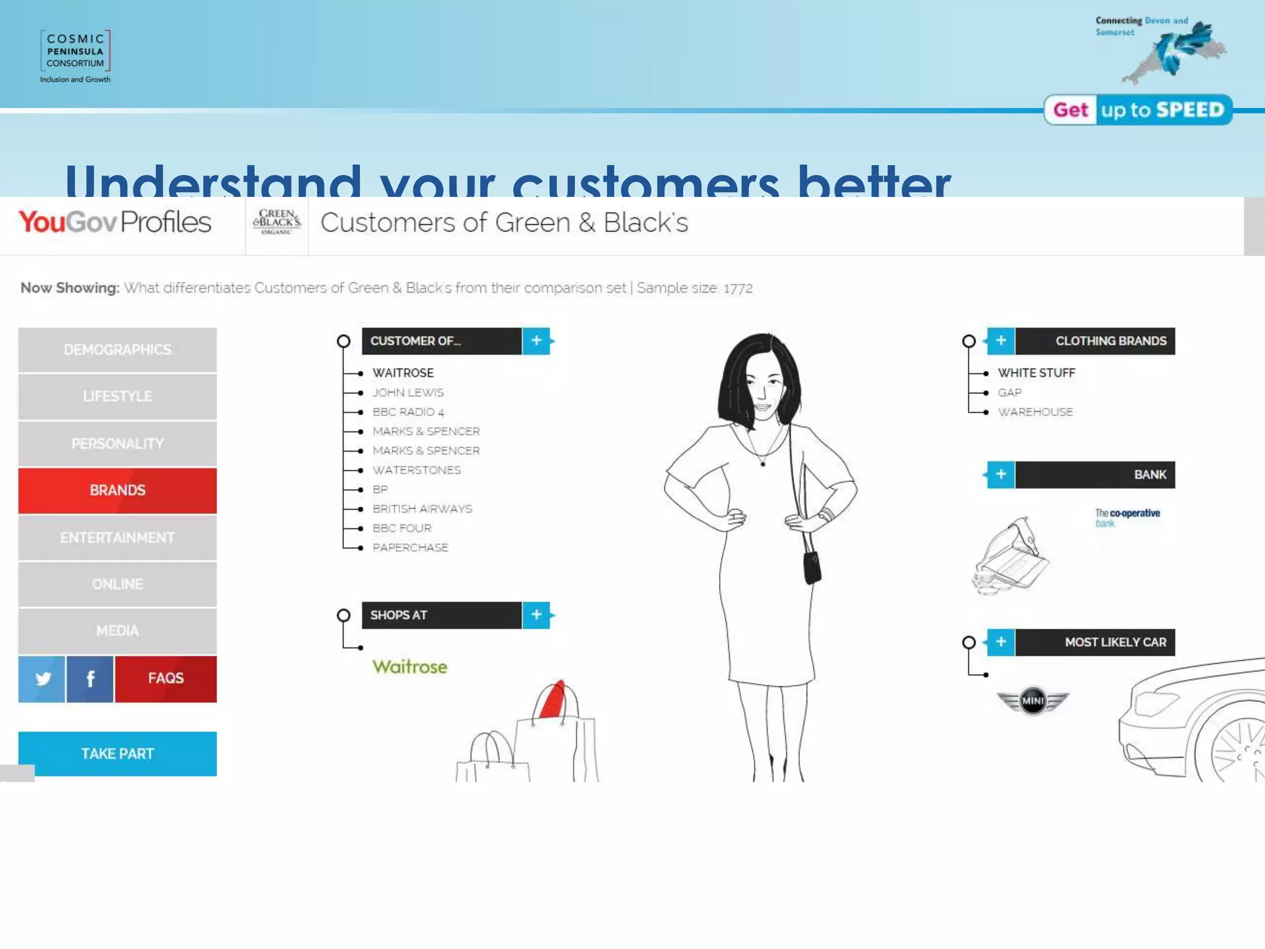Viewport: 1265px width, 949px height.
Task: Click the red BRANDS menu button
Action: pyautogui.click(x=117, y=491)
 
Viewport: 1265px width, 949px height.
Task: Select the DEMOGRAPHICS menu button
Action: pyautogui.click(x=117, y=350)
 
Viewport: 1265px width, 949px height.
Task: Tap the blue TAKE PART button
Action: pyautogui.click(x=117, y=754)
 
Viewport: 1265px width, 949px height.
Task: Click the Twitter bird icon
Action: pyautogui.click(x=42, y=679)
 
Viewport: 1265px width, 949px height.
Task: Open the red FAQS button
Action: pyautogui.click(x=166, y=678)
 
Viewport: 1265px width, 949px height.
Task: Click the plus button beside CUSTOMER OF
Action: pyautogui.click(x=536, y=341)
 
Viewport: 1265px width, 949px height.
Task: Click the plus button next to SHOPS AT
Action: pyautogui.click(x=536, y=615)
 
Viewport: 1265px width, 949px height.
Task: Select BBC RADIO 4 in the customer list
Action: pyautogui.click(x=408, y=412)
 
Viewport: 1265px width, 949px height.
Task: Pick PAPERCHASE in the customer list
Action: pyautogui.click(x=410, y=547)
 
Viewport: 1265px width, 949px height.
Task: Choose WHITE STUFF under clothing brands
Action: pyautogui.click(x=1036, y=373)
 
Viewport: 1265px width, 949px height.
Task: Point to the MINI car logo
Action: pyautogui.click(x=1032, y=701)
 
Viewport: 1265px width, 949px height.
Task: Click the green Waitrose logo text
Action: pyautogui.click(x=410, y=667)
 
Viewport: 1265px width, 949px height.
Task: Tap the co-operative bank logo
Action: pyautogui.click(x=1127, y=518)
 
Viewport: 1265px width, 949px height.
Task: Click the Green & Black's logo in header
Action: pyautogui.click(x=277, y=222)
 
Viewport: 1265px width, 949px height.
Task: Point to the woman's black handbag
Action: pyautogui.click(x=812, y=567)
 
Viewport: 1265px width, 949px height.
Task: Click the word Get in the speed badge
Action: pyautogui.click(x=1070, y=110)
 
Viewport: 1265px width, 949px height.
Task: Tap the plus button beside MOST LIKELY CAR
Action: pyautogui.click(x=1001, y=642)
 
